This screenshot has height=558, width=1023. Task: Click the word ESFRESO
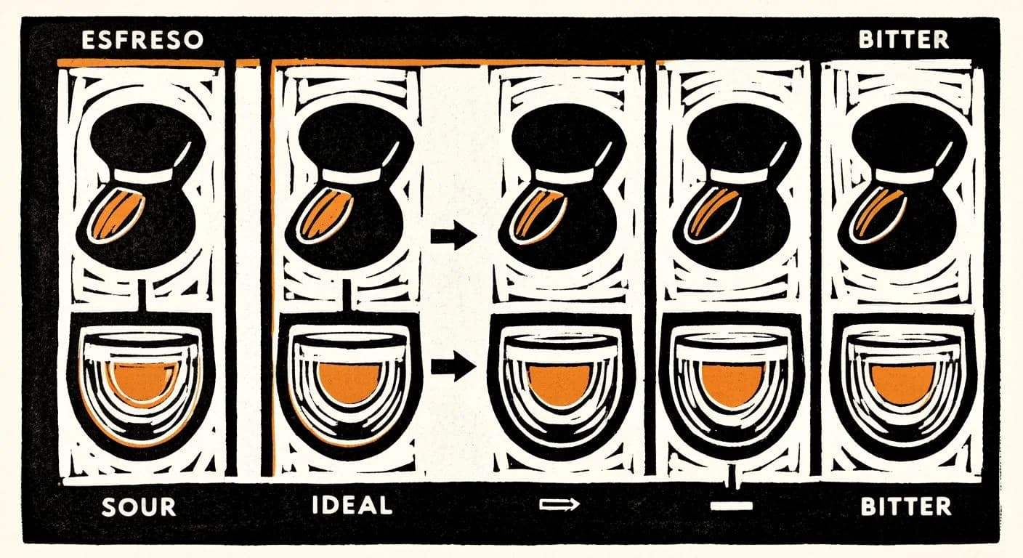pyautogui.click(x=142, y=40)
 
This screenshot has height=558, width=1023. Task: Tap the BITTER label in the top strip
pyautogui.click(x=903, y=39)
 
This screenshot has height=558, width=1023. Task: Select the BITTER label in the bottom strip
pyautogui.click(x=905, y=506)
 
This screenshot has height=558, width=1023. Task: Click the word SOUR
pyautogui.click(x=139, y=506)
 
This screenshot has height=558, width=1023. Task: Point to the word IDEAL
pyautogui.click(x=352, y=505)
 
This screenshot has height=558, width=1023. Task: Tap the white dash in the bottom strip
pyautogui.click(x=731, y=505)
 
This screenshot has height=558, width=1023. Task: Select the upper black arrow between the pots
pyautogui.click(x=453, y=235)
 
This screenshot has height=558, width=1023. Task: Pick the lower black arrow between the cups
pyautogui.click(x=453, y=365)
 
